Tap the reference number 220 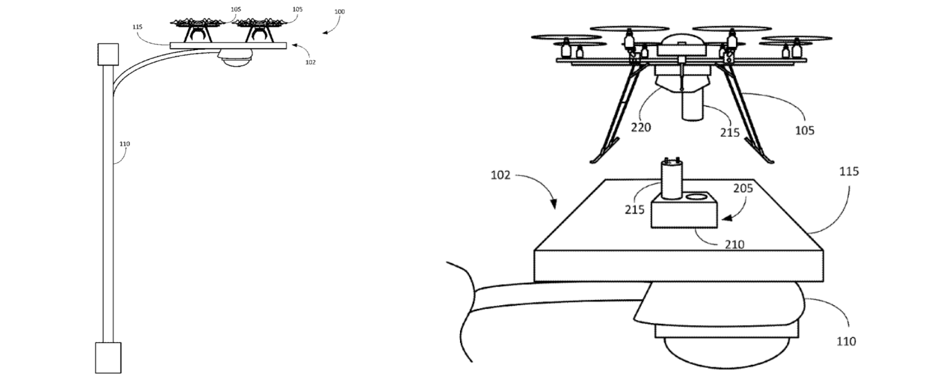(x=641, y=127)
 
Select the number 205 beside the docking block (x=743, y=188)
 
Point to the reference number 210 (x=734, y=244)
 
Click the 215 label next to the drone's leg (x=729, y=132)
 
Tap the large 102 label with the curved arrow (x=501, y=175)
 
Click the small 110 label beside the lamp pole (x=124, y=144)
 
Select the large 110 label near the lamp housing (x=845, y=341)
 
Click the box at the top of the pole (x=107, y=55)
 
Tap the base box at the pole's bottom (x=107, y=356)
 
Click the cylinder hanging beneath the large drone (x=693, y=106)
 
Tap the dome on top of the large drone (x=680, y=44)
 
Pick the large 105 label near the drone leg (x=804, y=130)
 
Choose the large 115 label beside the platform (x=848, y=172)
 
